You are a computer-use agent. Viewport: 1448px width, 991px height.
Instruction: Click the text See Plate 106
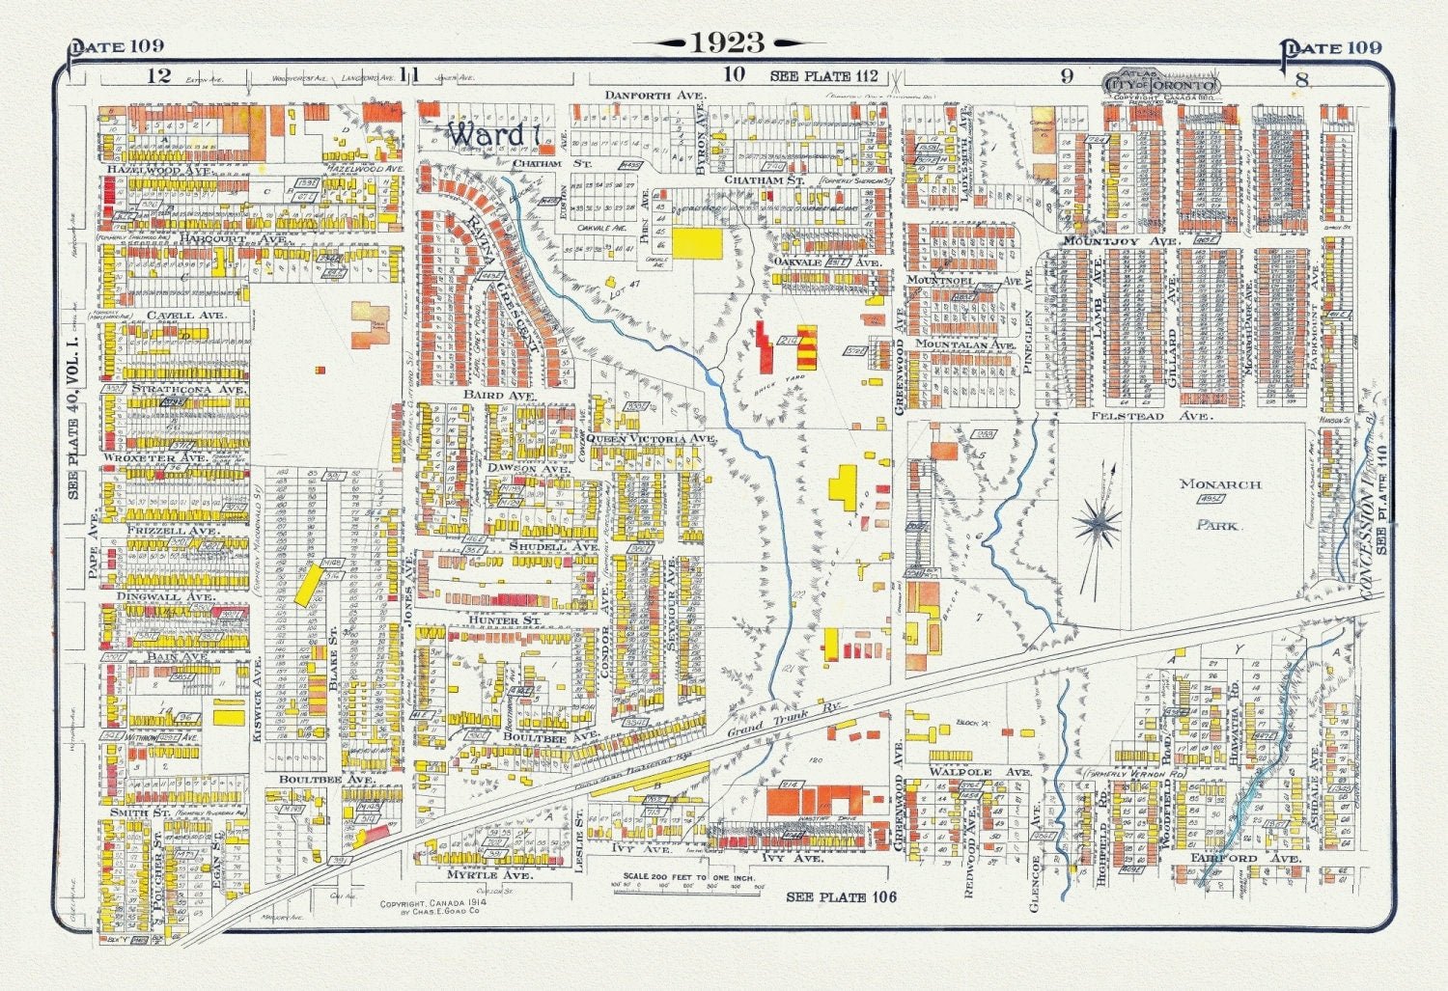(x=841, y=897)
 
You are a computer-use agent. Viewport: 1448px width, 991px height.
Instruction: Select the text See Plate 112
(x=823, y=76)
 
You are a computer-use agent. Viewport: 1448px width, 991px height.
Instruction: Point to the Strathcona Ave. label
(x=177, y=389)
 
